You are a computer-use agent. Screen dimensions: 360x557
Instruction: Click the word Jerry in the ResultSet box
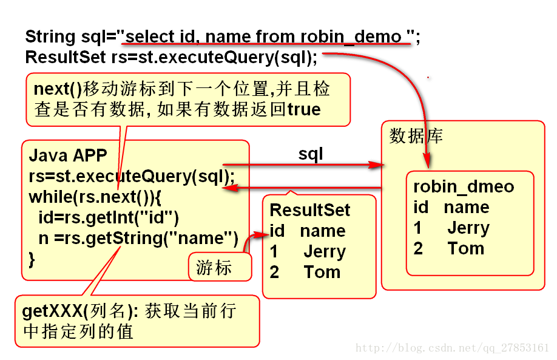tap(324, 251)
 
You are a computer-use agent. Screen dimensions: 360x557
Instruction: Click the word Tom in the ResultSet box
tap(322, 272)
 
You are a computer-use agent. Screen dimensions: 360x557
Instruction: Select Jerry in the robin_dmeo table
tap(468, 228)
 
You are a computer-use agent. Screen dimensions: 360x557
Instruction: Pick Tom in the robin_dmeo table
tap(465, 248)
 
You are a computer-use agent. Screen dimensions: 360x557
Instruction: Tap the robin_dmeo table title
tap(464, 186)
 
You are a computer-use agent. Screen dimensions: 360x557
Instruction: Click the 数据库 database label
tap(416, 135)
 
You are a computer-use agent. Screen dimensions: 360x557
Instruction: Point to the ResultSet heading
tap(310, 210)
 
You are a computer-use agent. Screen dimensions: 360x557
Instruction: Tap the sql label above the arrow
tap(311, 154)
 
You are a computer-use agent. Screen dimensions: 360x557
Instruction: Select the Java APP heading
tap(68, 155)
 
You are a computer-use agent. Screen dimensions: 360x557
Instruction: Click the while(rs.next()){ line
tap(96, 197)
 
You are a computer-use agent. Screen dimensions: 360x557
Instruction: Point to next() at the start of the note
tap(58, 89)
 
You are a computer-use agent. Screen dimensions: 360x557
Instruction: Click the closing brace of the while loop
tap(32, 259)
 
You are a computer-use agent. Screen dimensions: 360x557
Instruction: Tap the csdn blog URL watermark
tap(452, 348)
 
